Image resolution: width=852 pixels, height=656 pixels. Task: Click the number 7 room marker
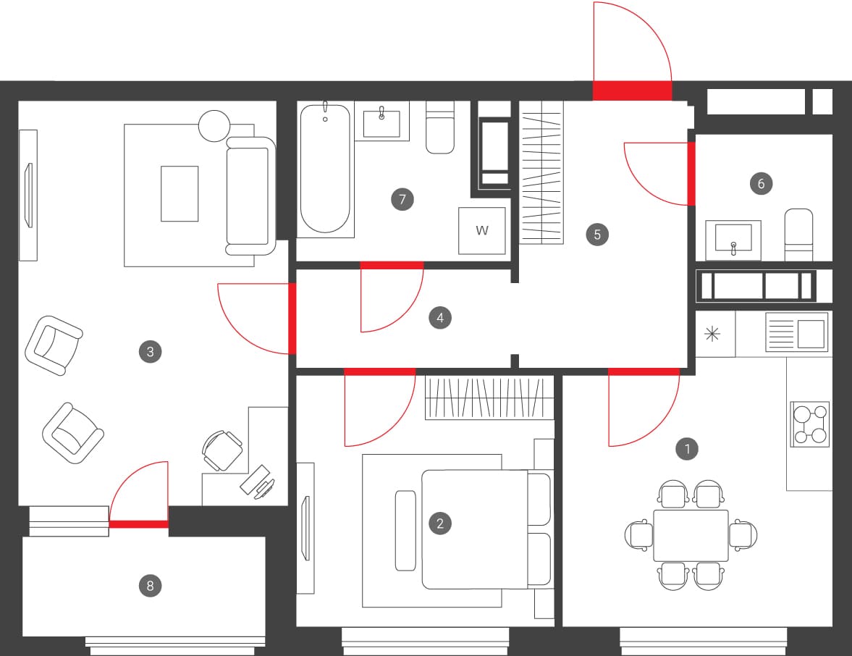tap(402, 199)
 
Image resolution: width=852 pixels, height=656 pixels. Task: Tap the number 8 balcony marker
tap(150, 586)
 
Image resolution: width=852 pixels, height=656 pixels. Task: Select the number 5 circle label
tap(597, 235)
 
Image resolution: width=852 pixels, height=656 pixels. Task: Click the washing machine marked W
tap(482, 230)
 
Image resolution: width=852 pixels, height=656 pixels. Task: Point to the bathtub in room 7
tap(325, 169)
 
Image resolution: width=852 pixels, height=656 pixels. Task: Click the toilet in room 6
tap(798, 235)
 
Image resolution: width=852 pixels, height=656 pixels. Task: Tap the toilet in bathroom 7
tap(440, 127)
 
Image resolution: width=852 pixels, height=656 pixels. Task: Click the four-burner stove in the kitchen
tap(809, 424)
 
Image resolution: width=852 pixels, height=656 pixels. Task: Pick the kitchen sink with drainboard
tap(796, 332)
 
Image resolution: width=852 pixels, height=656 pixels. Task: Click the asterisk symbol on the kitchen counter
tap(712, 334)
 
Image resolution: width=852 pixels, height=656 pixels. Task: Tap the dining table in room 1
tap(691, 535)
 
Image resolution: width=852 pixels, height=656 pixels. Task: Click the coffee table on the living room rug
tap(180, 193)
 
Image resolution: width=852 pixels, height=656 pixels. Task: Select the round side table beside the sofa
tap(214, 126)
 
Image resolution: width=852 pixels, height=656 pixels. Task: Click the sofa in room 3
tap(250, 196)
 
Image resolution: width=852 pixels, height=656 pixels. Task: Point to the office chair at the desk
tap(222, 450)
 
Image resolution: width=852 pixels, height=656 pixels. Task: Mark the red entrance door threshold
tap(632, 91)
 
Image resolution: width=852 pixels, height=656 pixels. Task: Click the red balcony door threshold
tap(139, 524)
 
